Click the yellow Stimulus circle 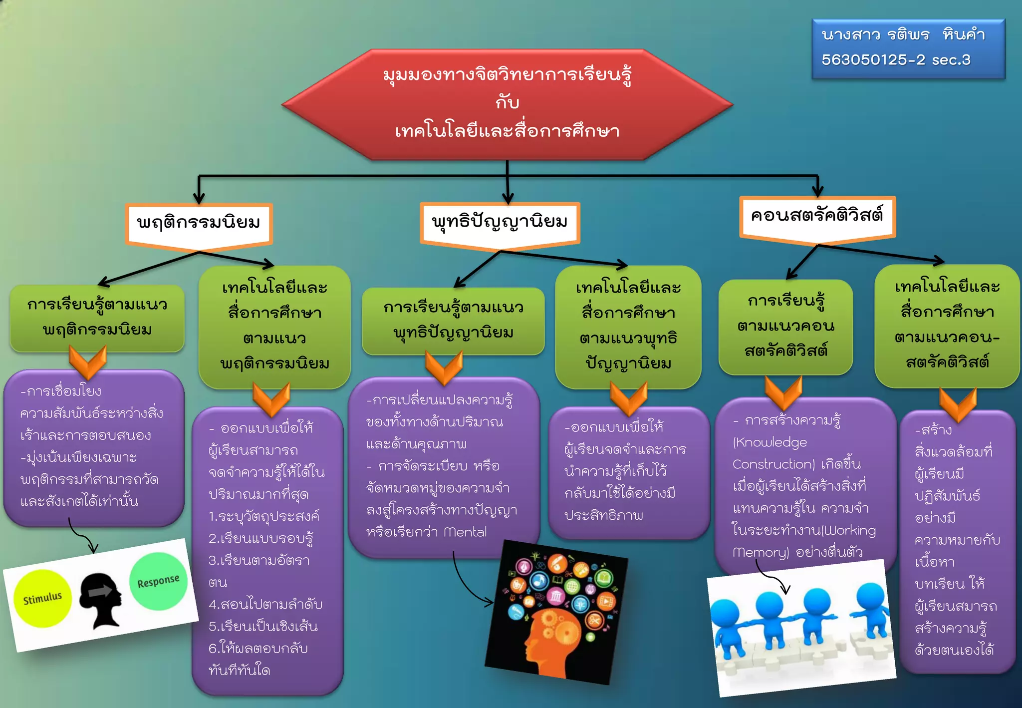click(42, 598)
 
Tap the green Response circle click(159, 581)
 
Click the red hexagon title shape click(507, 104)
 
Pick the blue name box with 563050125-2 click(908, 48)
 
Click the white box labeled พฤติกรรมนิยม click(199, 223)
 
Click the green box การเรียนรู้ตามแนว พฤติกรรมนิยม click(97, 318)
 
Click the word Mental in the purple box click(465, 532)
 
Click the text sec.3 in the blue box click(951, 60)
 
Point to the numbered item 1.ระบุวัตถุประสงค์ click(264, 516)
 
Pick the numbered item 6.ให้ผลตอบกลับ click(258, 648)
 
